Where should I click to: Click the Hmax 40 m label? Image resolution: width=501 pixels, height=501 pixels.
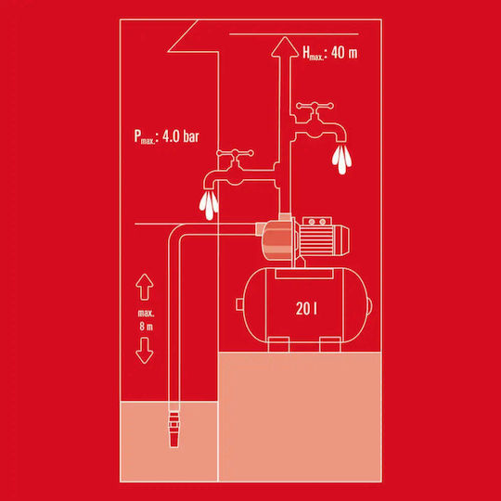(330, 53)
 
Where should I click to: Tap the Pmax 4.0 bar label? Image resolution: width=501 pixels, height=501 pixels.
(166, 136)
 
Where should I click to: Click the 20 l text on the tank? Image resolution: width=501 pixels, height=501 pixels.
(306, 309)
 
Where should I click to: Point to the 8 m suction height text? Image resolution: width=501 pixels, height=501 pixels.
(146, 327)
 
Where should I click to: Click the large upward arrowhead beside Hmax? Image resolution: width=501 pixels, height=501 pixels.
(285, 47)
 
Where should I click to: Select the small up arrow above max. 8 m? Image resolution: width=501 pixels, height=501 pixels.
(145, 287)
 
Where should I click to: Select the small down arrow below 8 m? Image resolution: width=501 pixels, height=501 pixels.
(145, 351)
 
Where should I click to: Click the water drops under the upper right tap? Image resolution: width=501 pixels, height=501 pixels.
(341, 160)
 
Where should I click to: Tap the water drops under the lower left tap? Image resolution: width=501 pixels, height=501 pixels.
(209, 206)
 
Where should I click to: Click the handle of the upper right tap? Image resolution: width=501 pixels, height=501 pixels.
(315, 106)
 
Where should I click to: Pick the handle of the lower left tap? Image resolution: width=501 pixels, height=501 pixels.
(235, 153)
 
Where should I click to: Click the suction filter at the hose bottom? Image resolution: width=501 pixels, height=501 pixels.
(173, 430)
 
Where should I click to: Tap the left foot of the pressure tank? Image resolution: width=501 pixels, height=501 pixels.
(278, 344)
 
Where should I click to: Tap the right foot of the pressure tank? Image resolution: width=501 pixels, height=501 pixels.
(330, 344)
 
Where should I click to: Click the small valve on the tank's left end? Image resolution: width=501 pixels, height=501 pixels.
(239, 304)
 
